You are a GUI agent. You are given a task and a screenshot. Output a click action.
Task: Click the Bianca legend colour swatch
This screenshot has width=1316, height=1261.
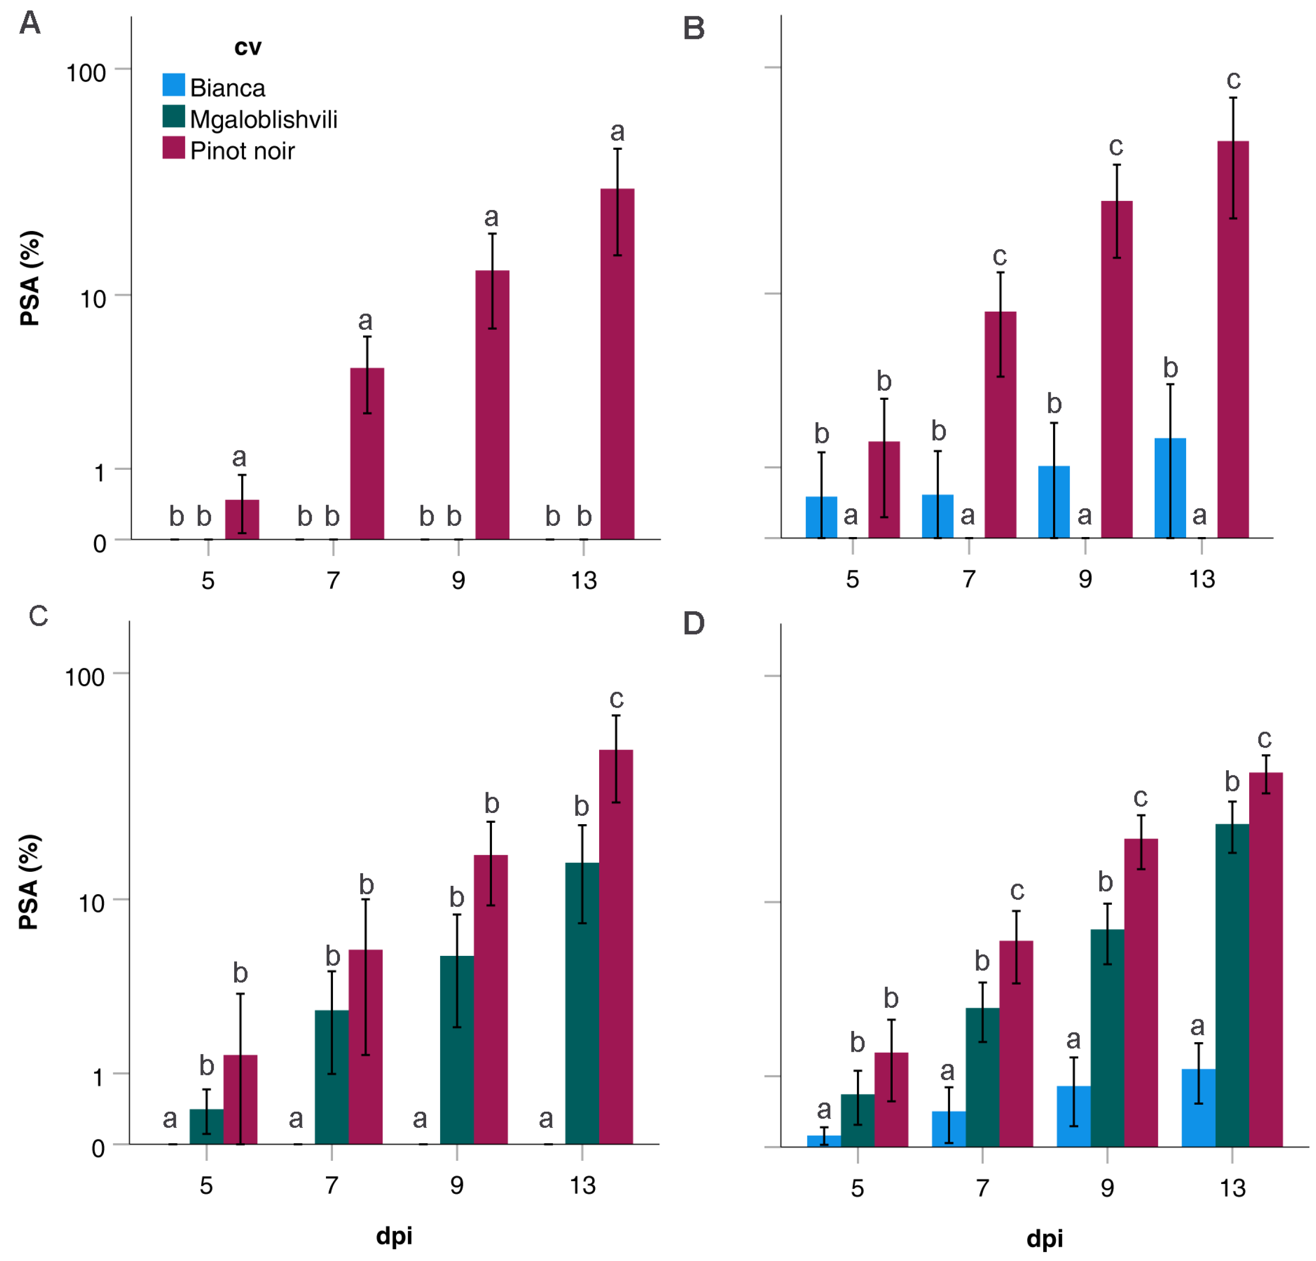173,84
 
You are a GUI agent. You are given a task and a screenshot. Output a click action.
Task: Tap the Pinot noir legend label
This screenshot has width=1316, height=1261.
243,150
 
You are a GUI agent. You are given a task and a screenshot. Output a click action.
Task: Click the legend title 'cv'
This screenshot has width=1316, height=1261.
248,47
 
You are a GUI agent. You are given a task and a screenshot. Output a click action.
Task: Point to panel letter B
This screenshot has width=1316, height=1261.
694,28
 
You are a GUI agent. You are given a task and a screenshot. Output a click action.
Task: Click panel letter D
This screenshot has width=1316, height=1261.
694,623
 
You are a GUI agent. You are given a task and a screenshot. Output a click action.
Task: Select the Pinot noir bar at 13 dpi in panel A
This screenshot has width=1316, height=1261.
617,364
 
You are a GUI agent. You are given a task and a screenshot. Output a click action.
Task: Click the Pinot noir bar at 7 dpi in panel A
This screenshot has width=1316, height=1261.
367,453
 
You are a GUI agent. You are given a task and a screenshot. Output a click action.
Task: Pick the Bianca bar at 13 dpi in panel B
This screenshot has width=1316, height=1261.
1170,488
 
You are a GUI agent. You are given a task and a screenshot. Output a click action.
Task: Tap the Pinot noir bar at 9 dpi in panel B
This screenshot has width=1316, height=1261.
1117,369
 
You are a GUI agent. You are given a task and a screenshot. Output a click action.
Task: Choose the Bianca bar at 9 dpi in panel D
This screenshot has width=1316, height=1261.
1073,1116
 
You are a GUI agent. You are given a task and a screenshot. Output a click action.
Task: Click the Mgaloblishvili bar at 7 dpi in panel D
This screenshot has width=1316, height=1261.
982,1077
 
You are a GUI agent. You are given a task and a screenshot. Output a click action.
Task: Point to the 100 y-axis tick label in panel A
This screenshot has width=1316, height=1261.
86,72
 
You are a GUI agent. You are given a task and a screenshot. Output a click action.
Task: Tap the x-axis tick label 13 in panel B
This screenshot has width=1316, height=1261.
1202,579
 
